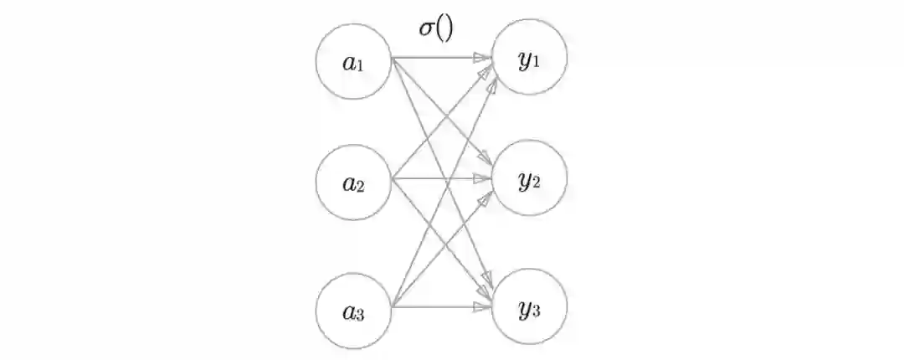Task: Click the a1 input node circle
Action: point(354,61)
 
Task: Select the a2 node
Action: point(354,183)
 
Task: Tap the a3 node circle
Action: point(354,311)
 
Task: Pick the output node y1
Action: point(529,59)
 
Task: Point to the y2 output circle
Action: point(529,179)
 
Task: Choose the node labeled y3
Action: point(529,307)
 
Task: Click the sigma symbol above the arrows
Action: point(426,28)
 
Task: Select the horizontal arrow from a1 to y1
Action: point(435,59)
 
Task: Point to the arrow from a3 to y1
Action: point(410,268)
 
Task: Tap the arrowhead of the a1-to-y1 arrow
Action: point(482,59)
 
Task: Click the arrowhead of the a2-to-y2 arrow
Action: point(482,178)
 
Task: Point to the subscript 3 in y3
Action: point(536,312)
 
